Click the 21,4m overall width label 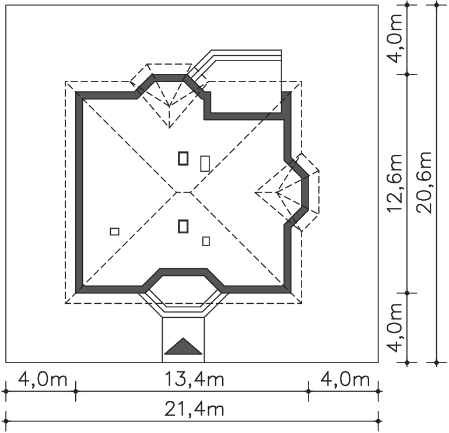tap(194, 409)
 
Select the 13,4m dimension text tap(194, 379)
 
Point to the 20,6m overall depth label tap(424, 182)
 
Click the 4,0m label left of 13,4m tap(43, 379)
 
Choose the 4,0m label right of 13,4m tap(345, 379)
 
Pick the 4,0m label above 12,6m tap(395, 38)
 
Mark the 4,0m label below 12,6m tap(395, 328)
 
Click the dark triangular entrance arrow tap(183, 348)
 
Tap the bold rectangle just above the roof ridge tap(183, 159)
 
